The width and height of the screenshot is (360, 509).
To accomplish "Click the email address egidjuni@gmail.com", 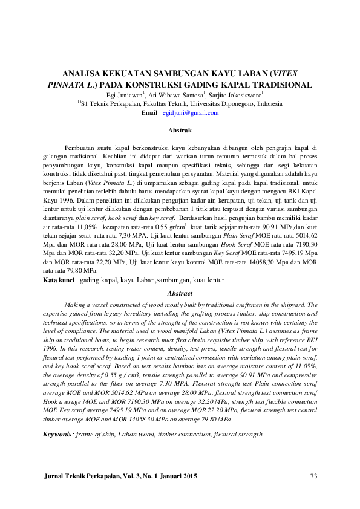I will pyautogui.click(x=195, y=113).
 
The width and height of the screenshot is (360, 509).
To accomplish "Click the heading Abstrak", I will pyautogui.click(x=180, y=131).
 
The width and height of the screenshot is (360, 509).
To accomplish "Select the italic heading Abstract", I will pyautogui.click(x=180, y=293).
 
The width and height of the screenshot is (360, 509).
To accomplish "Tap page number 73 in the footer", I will pyautogui.click(x=313, y=477).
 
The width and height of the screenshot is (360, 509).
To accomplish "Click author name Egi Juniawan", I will pyautogui.click(x=123, y=95).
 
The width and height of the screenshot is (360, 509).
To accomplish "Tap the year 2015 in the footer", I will pyautogui.click(x=189, y=477).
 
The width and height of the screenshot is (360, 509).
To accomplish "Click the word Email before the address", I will pyautogui.click(x=149, y=113).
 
